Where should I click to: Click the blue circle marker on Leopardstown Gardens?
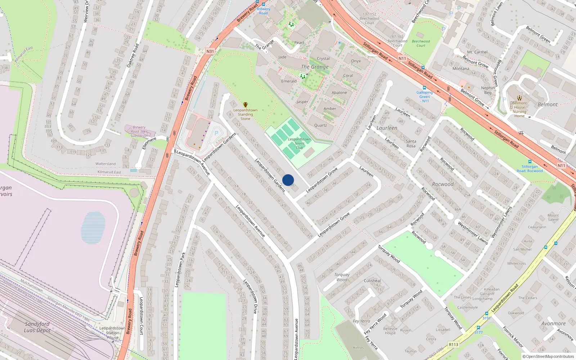tap(288, 180)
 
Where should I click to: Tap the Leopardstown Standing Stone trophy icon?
tap(246, 105)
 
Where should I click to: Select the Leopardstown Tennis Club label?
tap(299, 143)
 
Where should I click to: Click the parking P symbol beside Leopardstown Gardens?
tap(216, 133)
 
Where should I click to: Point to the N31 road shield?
tap(210, 51)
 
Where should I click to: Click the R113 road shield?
tap(454, 345)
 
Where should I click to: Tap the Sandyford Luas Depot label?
tap(37, 327)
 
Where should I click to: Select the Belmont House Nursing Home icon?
tap(519, 98)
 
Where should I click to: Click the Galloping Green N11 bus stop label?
tap(424, 96)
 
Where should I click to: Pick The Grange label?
tap(315, 67)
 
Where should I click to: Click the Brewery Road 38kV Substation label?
tap(139, 131)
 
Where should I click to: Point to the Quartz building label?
tap(320, 125)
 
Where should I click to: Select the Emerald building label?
tap(289, 81)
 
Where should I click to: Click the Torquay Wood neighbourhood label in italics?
tap(342, 277)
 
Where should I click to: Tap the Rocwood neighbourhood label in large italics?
tap(443, 184)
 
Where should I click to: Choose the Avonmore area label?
tap(553, 323)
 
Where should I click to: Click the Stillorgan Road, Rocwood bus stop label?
tap(530, 168)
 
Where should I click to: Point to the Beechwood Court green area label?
tap(421, 43)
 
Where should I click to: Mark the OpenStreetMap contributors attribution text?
tap(548, 356)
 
